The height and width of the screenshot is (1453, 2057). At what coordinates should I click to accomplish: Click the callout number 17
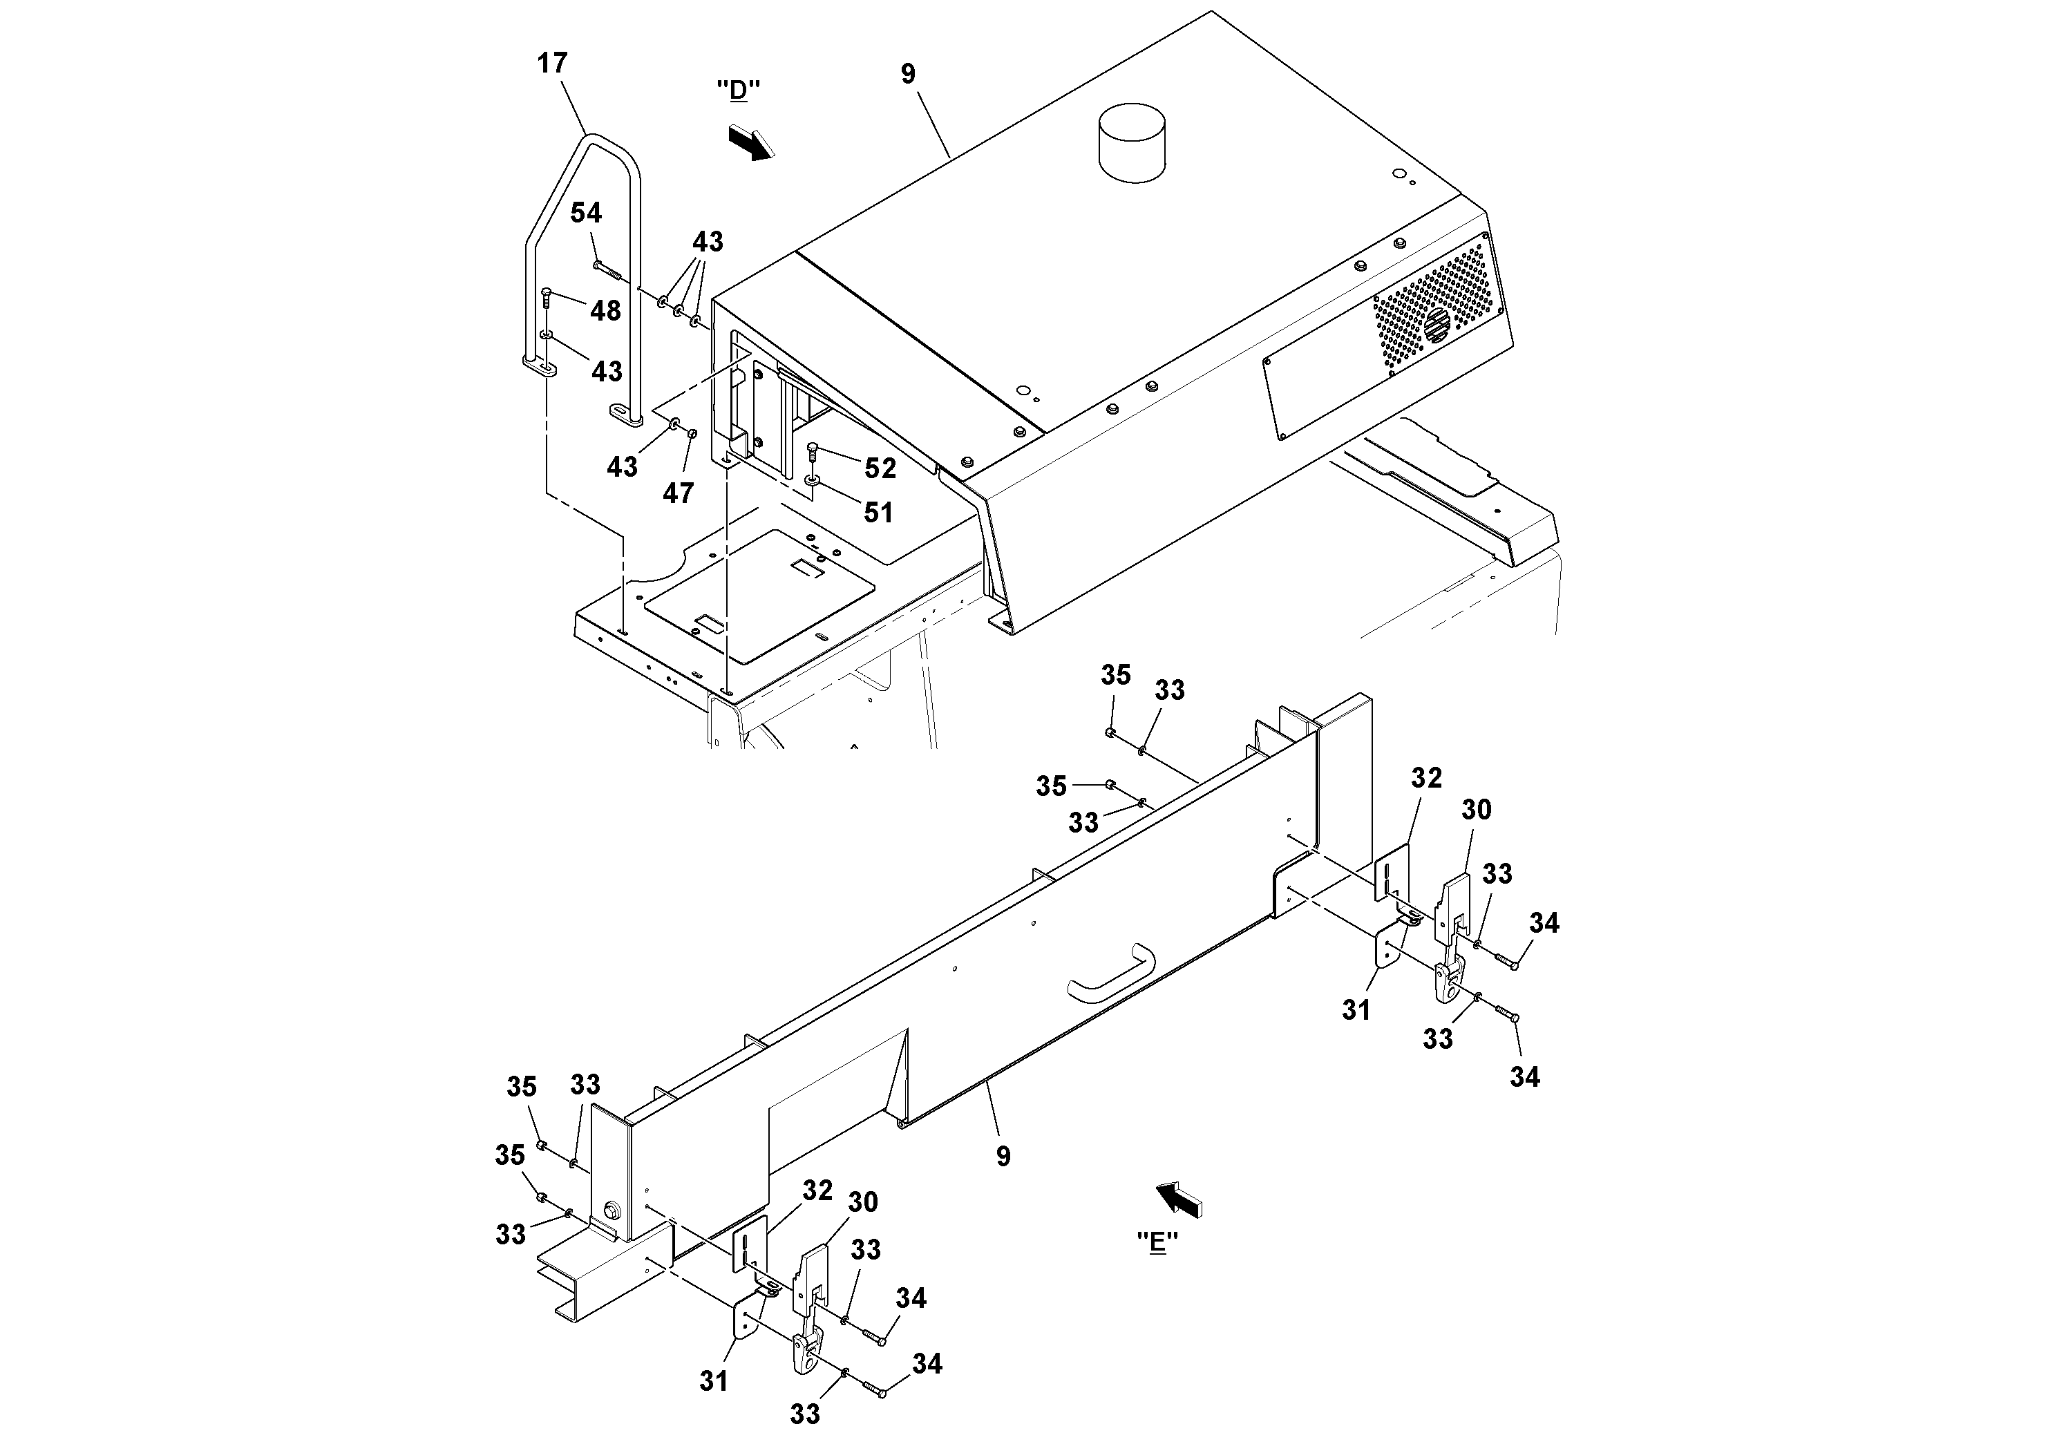tap(553, 64)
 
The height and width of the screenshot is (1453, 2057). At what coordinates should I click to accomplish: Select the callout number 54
tap(586, 213)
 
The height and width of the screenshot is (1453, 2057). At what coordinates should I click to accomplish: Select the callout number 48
tap(606, 311)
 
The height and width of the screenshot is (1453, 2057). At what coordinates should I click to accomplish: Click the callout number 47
tap(679, 493)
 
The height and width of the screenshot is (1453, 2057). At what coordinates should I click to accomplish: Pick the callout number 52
tap(880, 468)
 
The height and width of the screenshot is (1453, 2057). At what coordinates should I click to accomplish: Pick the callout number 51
tap(878, 513)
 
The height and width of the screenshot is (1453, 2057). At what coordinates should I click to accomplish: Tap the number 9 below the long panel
tap(1003, 1157)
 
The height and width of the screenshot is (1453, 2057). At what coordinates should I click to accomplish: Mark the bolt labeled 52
tap(813, 450)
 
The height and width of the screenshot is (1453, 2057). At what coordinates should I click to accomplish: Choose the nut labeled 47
tap(692, 434)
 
